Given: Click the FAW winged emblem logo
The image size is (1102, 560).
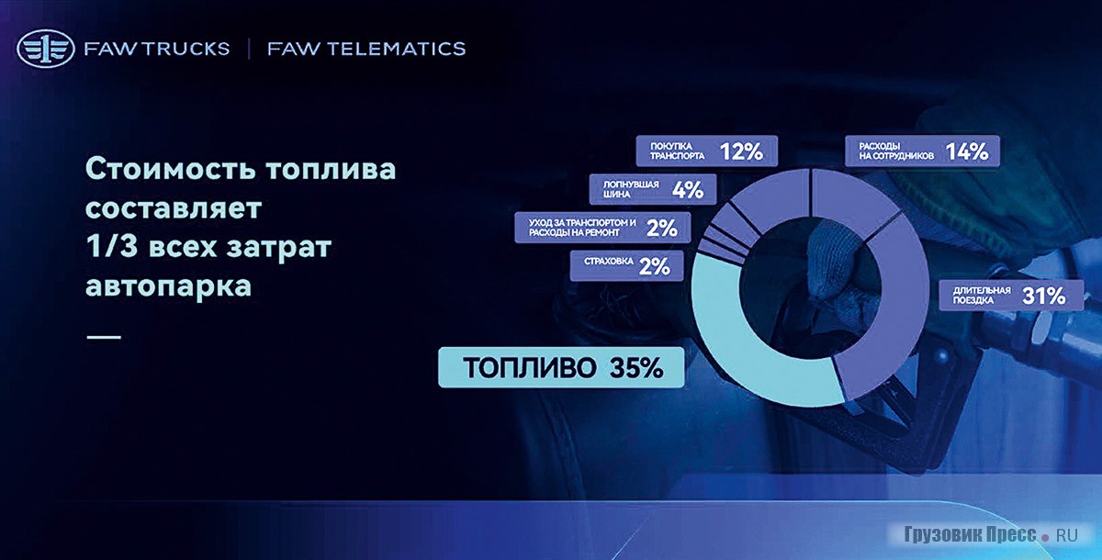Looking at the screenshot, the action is pos(45,48).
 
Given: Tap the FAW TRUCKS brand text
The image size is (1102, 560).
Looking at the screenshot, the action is pos(157,49).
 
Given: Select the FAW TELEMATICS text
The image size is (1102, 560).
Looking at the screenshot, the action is pos(366,49).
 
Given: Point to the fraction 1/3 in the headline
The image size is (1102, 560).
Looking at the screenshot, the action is pos(112,246).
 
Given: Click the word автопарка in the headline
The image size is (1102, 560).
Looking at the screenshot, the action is pos(169,286).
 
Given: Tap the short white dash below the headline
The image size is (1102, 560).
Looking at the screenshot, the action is pos(104,337).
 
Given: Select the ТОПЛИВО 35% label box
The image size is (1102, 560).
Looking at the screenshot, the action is pos(561,367).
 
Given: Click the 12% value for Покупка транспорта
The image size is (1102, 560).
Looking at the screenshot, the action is pos(741,151).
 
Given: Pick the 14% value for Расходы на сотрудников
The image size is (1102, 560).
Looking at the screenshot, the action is pos(967,151).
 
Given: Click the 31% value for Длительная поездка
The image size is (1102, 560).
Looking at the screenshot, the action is pos(1044,296).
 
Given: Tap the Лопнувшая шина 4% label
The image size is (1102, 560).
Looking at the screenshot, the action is pos(653,189).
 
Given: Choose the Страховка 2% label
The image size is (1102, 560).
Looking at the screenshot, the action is pos(626,266).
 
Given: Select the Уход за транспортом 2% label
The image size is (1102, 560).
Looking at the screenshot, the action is pos(602,228).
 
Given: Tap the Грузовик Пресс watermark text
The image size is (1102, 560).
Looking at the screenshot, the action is pos(970,534).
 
